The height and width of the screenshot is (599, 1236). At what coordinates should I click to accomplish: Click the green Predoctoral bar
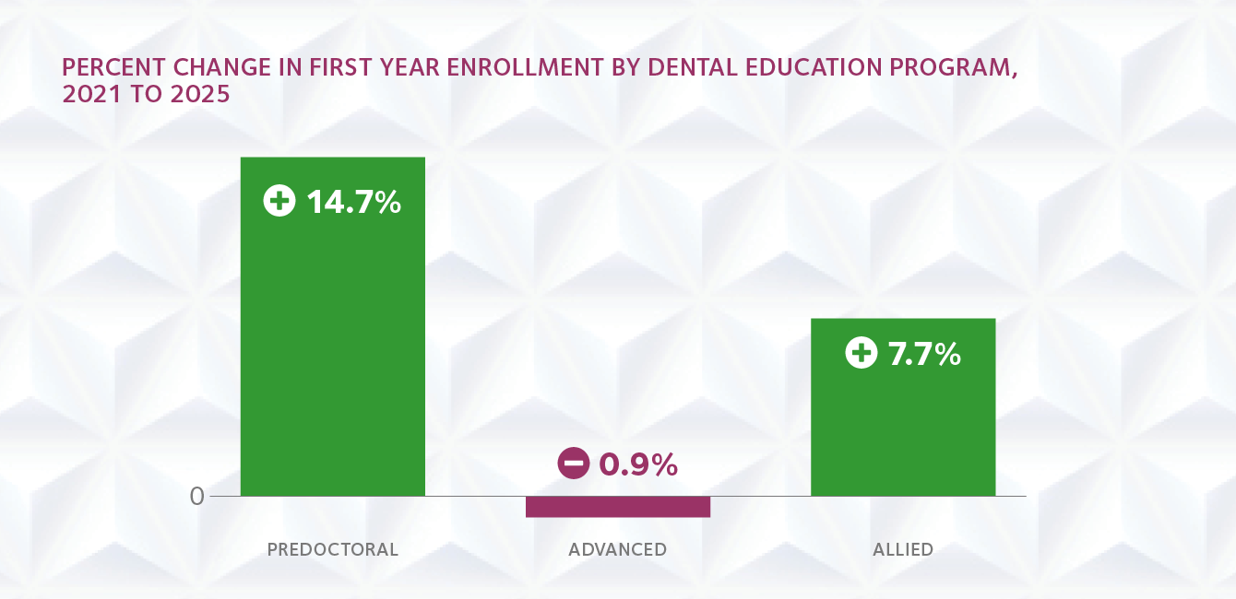pyautogui.click(x=332, y=350)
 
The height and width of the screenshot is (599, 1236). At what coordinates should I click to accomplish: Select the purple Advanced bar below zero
pyautogui.click(x=617, y=507)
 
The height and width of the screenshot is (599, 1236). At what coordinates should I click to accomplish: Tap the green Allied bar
pyautogui.click(x=902, y=424)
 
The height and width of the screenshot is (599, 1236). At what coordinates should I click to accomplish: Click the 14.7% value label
pyautogui.click(x=353, y=202)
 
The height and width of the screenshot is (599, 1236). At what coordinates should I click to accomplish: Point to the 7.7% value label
pyautogui.click(x=924, y=354)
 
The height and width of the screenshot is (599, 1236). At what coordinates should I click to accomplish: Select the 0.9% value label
pyautogui.click(x=638, y=464)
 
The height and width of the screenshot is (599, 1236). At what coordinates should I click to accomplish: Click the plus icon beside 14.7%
pyautogui.click(x=279, y=202)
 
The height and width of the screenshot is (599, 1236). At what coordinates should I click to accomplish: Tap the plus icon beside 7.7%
pyautogui.click(x=861, y=353)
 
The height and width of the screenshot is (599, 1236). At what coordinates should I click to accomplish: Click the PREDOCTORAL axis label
pyautogui.click(x=332, y=550)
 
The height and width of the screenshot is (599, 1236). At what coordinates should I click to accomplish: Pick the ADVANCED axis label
pyautogui.click(x=617, y=550)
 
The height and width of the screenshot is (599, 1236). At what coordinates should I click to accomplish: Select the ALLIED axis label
pyautogui.click(x=903, y=550)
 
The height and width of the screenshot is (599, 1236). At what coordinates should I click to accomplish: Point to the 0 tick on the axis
pyautogui.click(x=196, y=496)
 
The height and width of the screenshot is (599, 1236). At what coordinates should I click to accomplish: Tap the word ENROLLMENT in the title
pyautogui.click(x=468, y=69)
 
